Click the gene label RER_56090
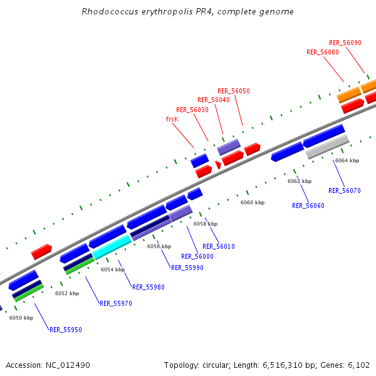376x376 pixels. (x=345, y=43)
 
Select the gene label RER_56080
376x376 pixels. (x=323, y=52)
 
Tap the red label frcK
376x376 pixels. (x=172, y=118)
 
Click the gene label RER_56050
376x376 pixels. (x=234, y=91)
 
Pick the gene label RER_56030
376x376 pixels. (x=192, y=110)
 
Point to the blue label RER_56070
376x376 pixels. (x=345, y=191)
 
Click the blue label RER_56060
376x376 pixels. (x=308, y=206)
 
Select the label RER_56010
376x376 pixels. (x=219, y=246)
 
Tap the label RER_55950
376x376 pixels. (x=66, y=330)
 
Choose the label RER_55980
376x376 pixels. (x=149, y=287)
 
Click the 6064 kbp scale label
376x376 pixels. (x=347, y=161)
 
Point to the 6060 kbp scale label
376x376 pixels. (x=253, y=202)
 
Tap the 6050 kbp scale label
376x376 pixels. (x=21, y=318)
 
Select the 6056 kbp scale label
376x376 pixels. (x=159, y=246)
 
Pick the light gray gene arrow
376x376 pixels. (x=327, y=147)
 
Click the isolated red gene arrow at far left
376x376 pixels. (x=41, y=252)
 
